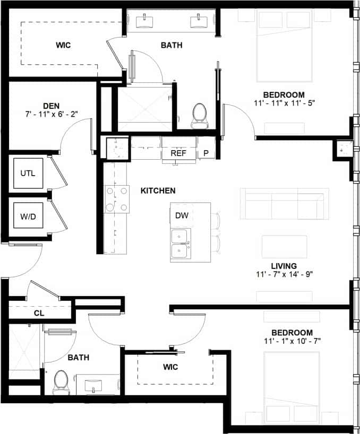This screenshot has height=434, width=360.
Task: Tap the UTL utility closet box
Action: (x=28, y=173)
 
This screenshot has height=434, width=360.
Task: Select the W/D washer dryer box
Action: (x=28, y=216)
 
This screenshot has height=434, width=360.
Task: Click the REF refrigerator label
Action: (x=178, y=153)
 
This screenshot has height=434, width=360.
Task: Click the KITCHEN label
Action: (x=158, y=190)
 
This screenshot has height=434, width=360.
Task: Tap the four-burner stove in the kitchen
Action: (x=117, y=199)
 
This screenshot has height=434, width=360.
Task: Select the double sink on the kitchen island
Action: (x=181, y=243)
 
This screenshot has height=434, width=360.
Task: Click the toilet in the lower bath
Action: (x=61, y=381)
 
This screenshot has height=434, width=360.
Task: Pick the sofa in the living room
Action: (x=282, y=203)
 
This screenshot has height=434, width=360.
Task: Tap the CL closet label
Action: (x=39, y=314)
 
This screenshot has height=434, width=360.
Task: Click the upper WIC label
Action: (x=63, y=45)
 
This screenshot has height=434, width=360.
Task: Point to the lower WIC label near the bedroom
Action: (x=170, y=367)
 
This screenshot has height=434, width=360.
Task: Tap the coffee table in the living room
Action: (x=284, y=246)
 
